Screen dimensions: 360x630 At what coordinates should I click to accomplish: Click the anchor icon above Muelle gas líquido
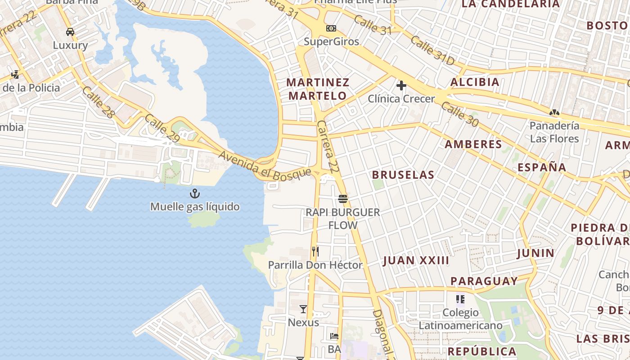[195, 193]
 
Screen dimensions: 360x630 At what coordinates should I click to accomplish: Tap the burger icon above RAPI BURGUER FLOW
[343, 198]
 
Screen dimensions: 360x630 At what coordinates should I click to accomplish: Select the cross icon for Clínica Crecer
[401, 85]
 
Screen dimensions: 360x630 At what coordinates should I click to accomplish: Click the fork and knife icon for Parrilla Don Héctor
[315, 252]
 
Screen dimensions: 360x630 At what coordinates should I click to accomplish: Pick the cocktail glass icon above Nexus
[303, 309]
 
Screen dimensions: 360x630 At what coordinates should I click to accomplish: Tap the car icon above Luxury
[70, 32]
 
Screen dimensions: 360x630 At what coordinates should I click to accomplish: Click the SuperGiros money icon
[331, 28]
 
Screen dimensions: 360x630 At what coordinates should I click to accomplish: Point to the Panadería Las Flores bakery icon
[554, 112]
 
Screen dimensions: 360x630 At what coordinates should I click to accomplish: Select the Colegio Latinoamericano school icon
[460, 299]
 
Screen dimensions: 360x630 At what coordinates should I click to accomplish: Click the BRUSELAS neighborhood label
[403, 175]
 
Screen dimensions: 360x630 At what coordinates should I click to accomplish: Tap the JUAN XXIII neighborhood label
[416, 261]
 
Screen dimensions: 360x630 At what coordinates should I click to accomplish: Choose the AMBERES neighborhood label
[473, 144]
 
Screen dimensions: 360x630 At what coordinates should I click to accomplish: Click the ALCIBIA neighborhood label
[475, 82]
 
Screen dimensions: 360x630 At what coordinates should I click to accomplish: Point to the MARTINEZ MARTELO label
[318, 89]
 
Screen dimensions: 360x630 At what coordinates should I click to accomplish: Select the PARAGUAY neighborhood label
[484, 281]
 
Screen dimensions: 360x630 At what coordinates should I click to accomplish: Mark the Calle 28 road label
[98, 102]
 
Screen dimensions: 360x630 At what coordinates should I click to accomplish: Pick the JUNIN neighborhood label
[535, 253]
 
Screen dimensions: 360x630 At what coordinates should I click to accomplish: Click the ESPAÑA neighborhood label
[542, 167]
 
